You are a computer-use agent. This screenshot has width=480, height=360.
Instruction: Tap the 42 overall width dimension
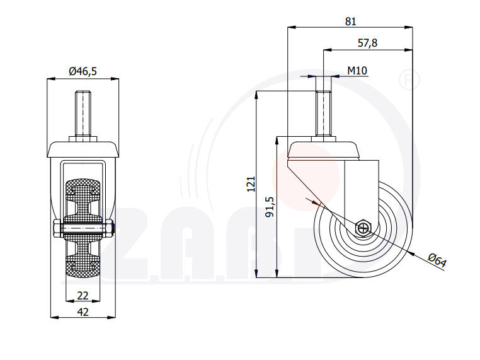point(83,311)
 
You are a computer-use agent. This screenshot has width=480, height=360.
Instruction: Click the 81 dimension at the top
point(350,21)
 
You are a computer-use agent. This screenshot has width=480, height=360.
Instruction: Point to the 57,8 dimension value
point(367,43)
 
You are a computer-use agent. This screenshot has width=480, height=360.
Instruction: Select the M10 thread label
point(357,71)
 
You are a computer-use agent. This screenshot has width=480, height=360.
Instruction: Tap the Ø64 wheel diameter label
point(437,260)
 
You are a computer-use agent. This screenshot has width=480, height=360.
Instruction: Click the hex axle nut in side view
point(364,228)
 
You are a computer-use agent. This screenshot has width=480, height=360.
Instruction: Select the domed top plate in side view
point(323,150)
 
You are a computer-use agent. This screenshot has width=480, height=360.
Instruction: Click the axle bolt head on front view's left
point(57,228)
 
